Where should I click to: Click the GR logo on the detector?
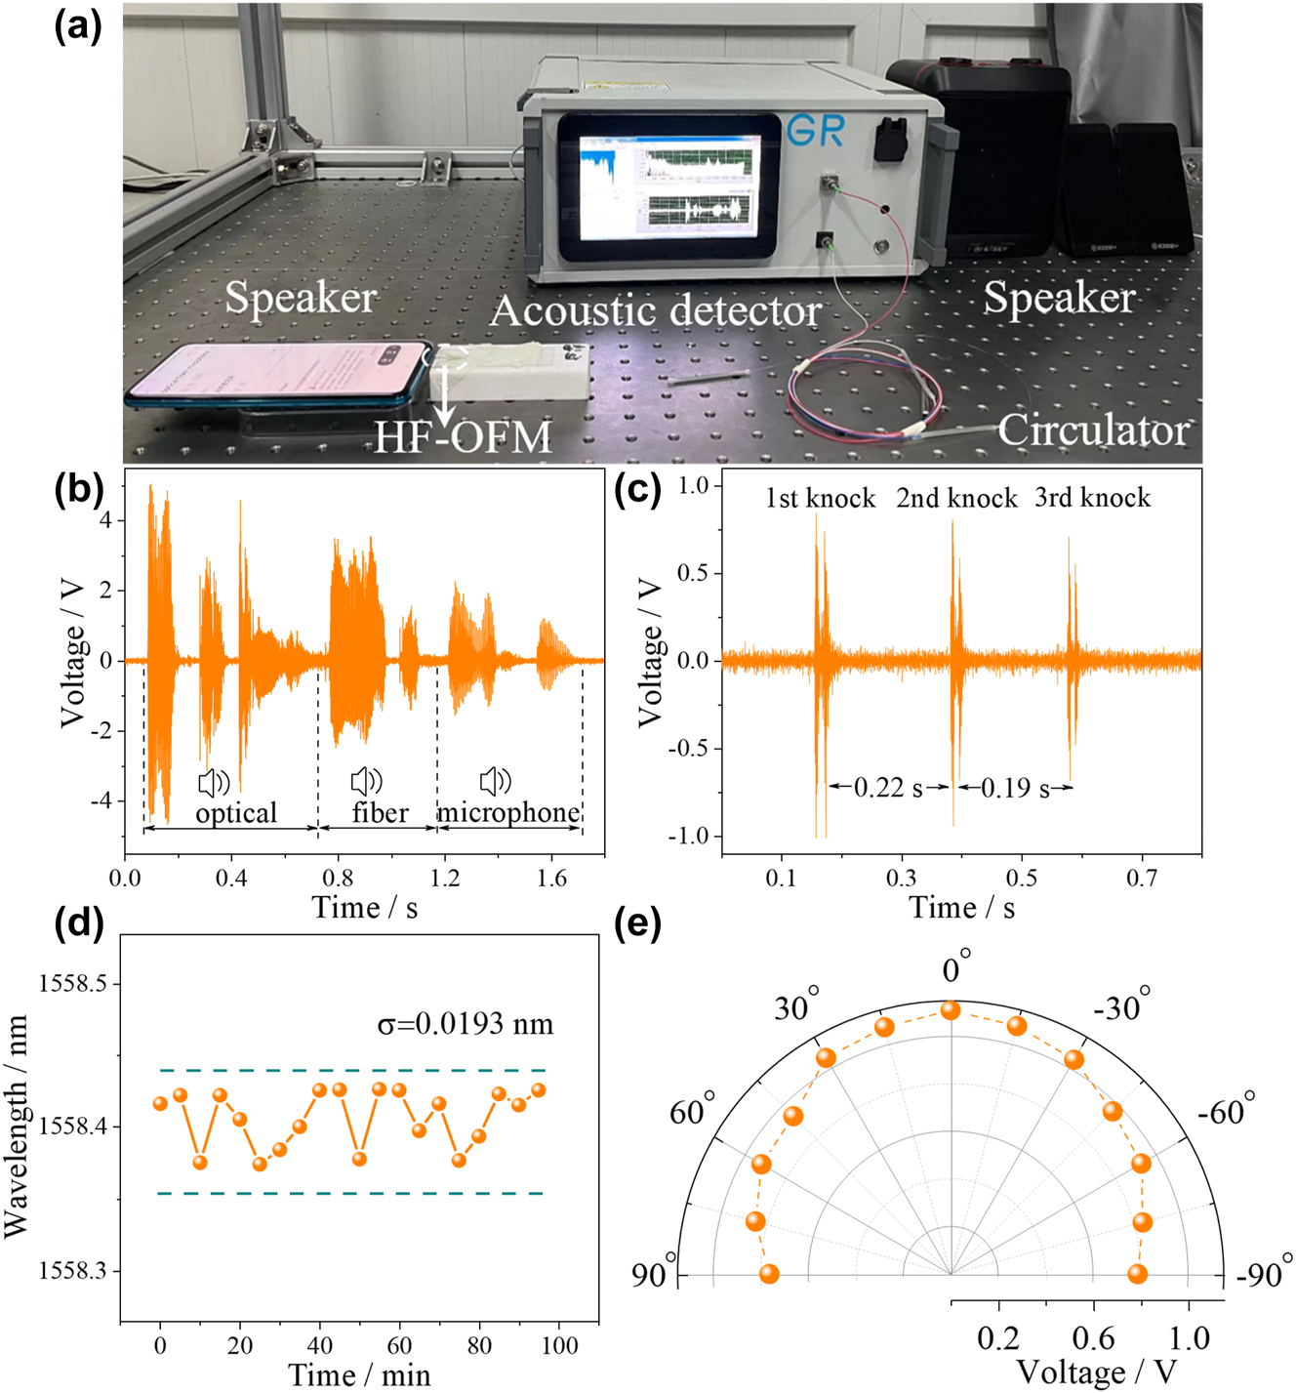(815, 130)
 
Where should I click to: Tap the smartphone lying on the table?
(279, 376)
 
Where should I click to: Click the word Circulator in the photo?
(1092, 430)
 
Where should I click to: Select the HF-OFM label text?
(464, 437)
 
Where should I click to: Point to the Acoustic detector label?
(656, 310)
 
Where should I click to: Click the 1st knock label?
(820, 498)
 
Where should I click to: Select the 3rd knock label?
(1092, 498)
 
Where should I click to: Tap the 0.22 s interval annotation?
(887, 787)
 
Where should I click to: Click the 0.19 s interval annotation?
(1015, 787)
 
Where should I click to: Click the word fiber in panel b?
(380, 813)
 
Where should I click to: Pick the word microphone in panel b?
(507, 812)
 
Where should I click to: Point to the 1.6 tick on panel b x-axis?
(551, 878)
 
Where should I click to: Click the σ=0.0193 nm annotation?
(465, 1024)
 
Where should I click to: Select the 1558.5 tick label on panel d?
(72, 983)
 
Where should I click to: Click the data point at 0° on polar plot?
(950, 1010)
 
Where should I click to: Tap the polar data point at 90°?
(769, 1274)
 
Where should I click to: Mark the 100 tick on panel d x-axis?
(559, 1345)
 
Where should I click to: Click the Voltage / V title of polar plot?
(1096, 1373)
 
